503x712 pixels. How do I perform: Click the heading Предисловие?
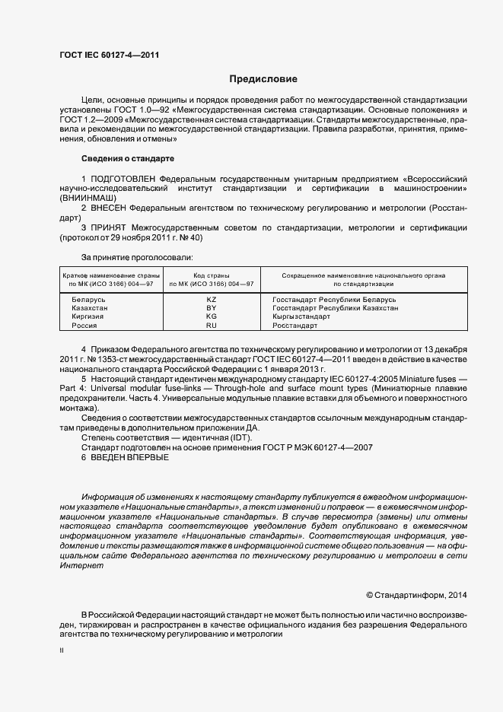click(x=264, y=79)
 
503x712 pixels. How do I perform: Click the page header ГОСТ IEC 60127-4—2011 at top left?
click(x=109, y=55)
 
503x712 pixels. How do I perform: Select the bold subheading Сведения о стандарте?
click(x=127, y=158)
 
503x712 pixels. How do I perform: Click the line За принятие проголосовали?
click(x=137, y=257)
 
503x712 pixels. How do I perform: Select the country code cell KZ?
click(x=212, y=300)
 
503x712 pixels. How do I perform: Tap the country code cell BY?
click(x=212, y=308)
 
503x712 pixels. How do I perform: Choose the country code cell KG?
click(x=212, y=316)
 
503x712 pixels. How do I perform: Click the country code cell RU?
click(x=212, y=325)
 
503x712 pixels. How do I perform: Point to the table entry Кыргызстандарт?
click(x=301, y=316)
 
